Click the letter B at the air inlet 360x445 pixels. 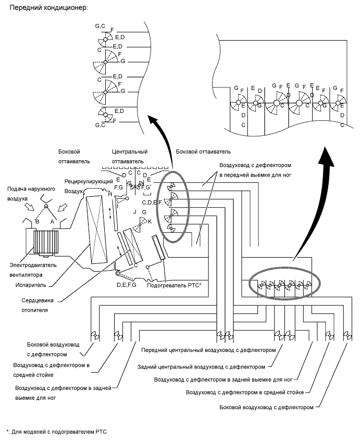[x=38, y=221]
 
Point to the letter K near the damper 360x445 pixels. [x=151, y=222]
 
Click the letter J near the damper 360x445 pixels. [x=135, y=212]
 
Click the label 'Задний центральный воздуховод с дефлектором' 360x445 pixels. [x=204, y=366]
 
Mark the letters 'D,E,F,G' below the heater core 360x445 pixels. [x=127, y=285]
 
